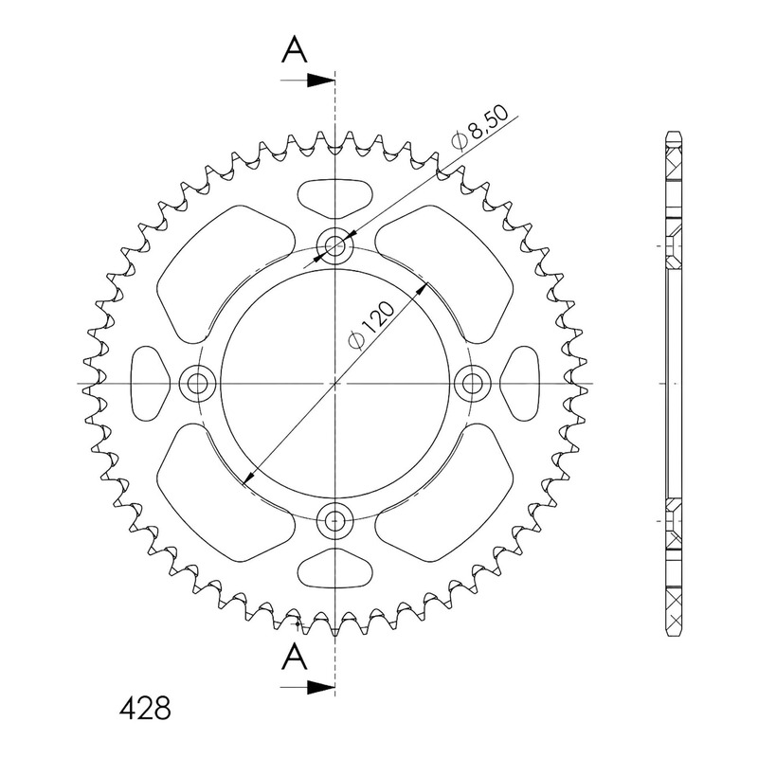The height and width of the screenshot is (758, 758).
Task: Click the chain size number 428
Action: (145, 708)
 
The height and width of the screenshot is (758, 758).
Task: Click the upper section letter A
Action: (295, 51)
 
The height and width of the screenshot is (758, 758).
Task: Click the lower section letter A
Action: (295, 657)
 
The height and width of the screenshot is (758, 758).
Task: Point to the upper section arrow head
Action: (320, 81)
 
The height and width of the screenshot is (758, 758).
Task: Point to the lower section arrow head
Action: (320, 686)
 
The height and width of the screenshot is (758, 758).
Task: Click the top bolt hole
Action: (334, 246)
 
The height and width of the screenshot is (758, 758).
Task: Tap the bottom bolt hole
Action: (334, 520)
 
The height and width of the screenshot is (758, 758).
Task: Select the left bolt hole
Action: (197, 384)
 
